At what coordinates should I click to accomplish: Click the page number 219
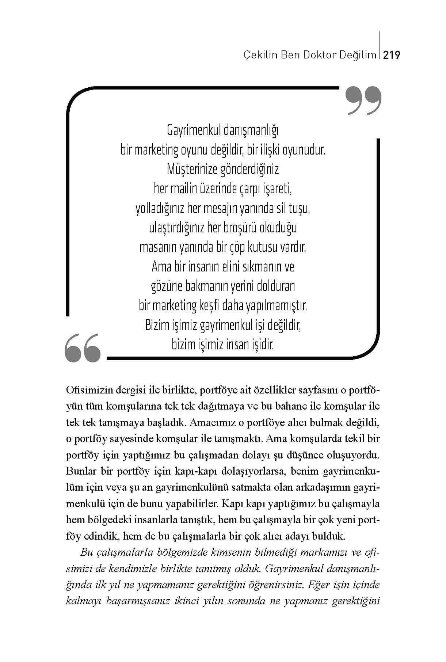pyautogui.click(x=392, y=56)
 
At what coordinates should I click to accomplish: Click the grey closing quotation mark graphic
pyautogui.click(x=363, y=101)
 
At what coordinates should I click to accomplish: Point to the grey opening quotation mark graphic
pyautogui.click(x=82, y=347)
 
